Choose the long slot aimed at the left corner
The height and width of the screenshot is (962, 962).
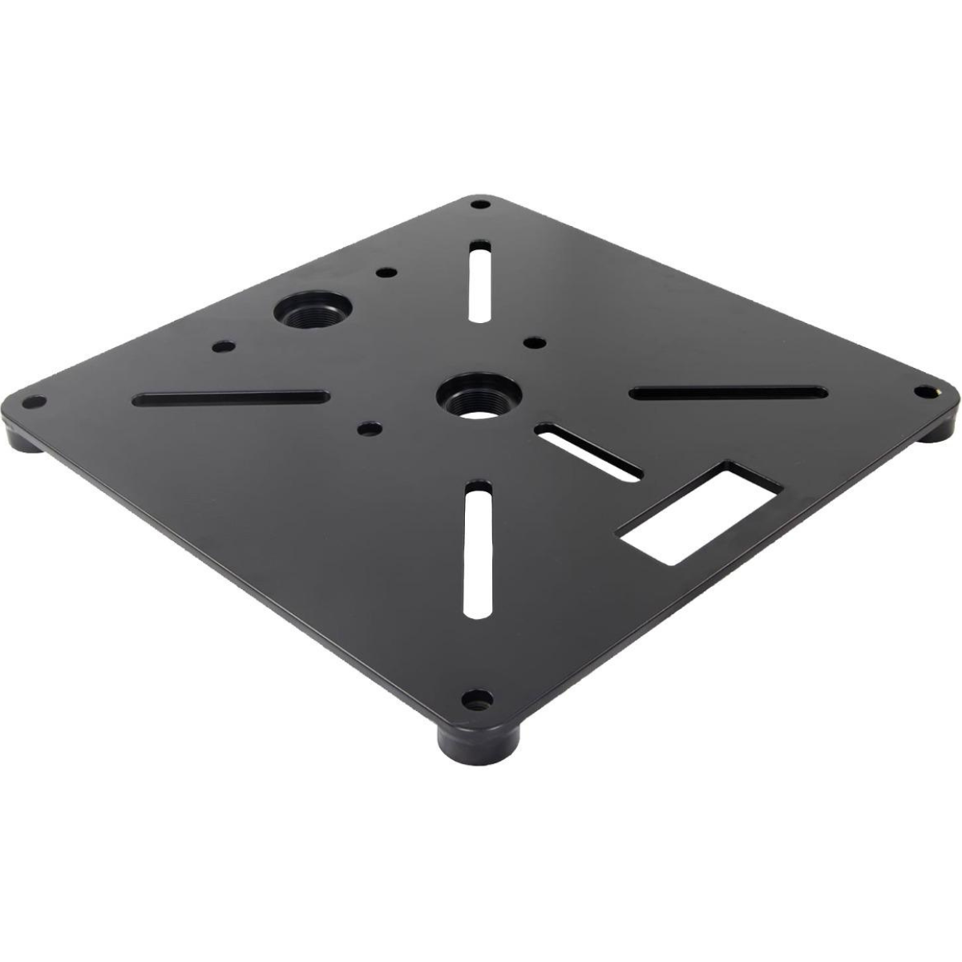[x=231, y=398]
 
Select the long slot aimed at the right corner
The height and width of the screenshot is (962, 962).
[x=728, y=393]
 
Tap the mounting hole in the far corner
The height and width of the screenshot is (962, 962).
[x=479, y=204]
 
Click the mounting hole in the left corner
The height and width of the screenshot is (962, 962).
[x=32, y=401]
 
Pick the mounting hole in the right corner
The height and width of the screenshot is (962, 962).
[x=922, y=391]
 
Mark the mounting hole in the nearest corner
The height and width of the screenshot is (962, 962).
[x=478, y=702]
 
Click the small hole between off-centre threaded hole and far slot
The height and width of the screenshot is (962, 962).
[x=386, y=273]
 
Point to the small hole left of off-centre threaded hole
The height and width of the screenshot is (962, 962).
[x=224, y=347]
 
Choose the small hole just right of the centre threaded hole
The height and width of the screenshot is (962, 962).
[x=531, y=343]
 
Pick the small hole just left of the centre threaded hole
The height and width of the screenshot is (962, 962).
[x=368, y=429]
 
